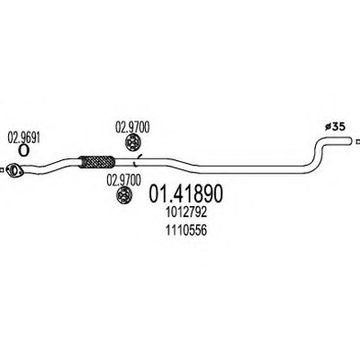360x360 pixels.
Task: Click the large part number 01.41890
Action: click(x=186, y=193)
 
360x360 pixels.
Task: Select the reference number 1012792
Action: click(x=186, y=212)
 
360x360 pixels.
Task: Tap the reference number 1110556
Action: click(x=186, y=230)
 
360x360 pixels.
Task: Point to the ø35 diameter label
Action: click(x=335, y=127)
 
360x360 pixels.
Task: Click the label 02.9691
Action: click(x=24, y=138)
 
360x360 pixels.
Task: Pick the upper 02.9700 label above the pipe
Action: click(x=132, y=127)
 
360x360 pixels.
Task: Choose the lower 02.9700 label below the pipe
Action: click(x=124, y=181)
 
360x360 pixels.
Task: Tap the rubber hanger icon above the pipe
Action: click(x=132, y=142)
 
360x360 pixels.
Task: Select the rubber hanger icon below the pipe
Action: click(x=124, y=194)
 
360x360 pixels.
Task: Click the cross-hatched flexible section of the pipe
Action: click(x=96, y=161)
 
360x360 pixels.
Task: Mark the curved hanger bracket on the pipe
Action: click(x=137, y=160)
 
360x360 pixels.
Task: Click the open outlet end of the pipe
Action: click(x=349, y=140)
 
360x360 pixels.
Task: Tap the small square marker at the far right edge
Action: click(x=357, y=140)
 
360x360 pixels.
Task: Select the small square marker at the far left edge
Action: click(x=1, y=170)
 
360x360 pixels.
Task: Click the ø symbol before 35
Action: click(x=328, y=128)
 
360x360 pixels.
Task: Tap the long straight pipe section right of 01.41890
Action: click(x=255, y=169)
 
